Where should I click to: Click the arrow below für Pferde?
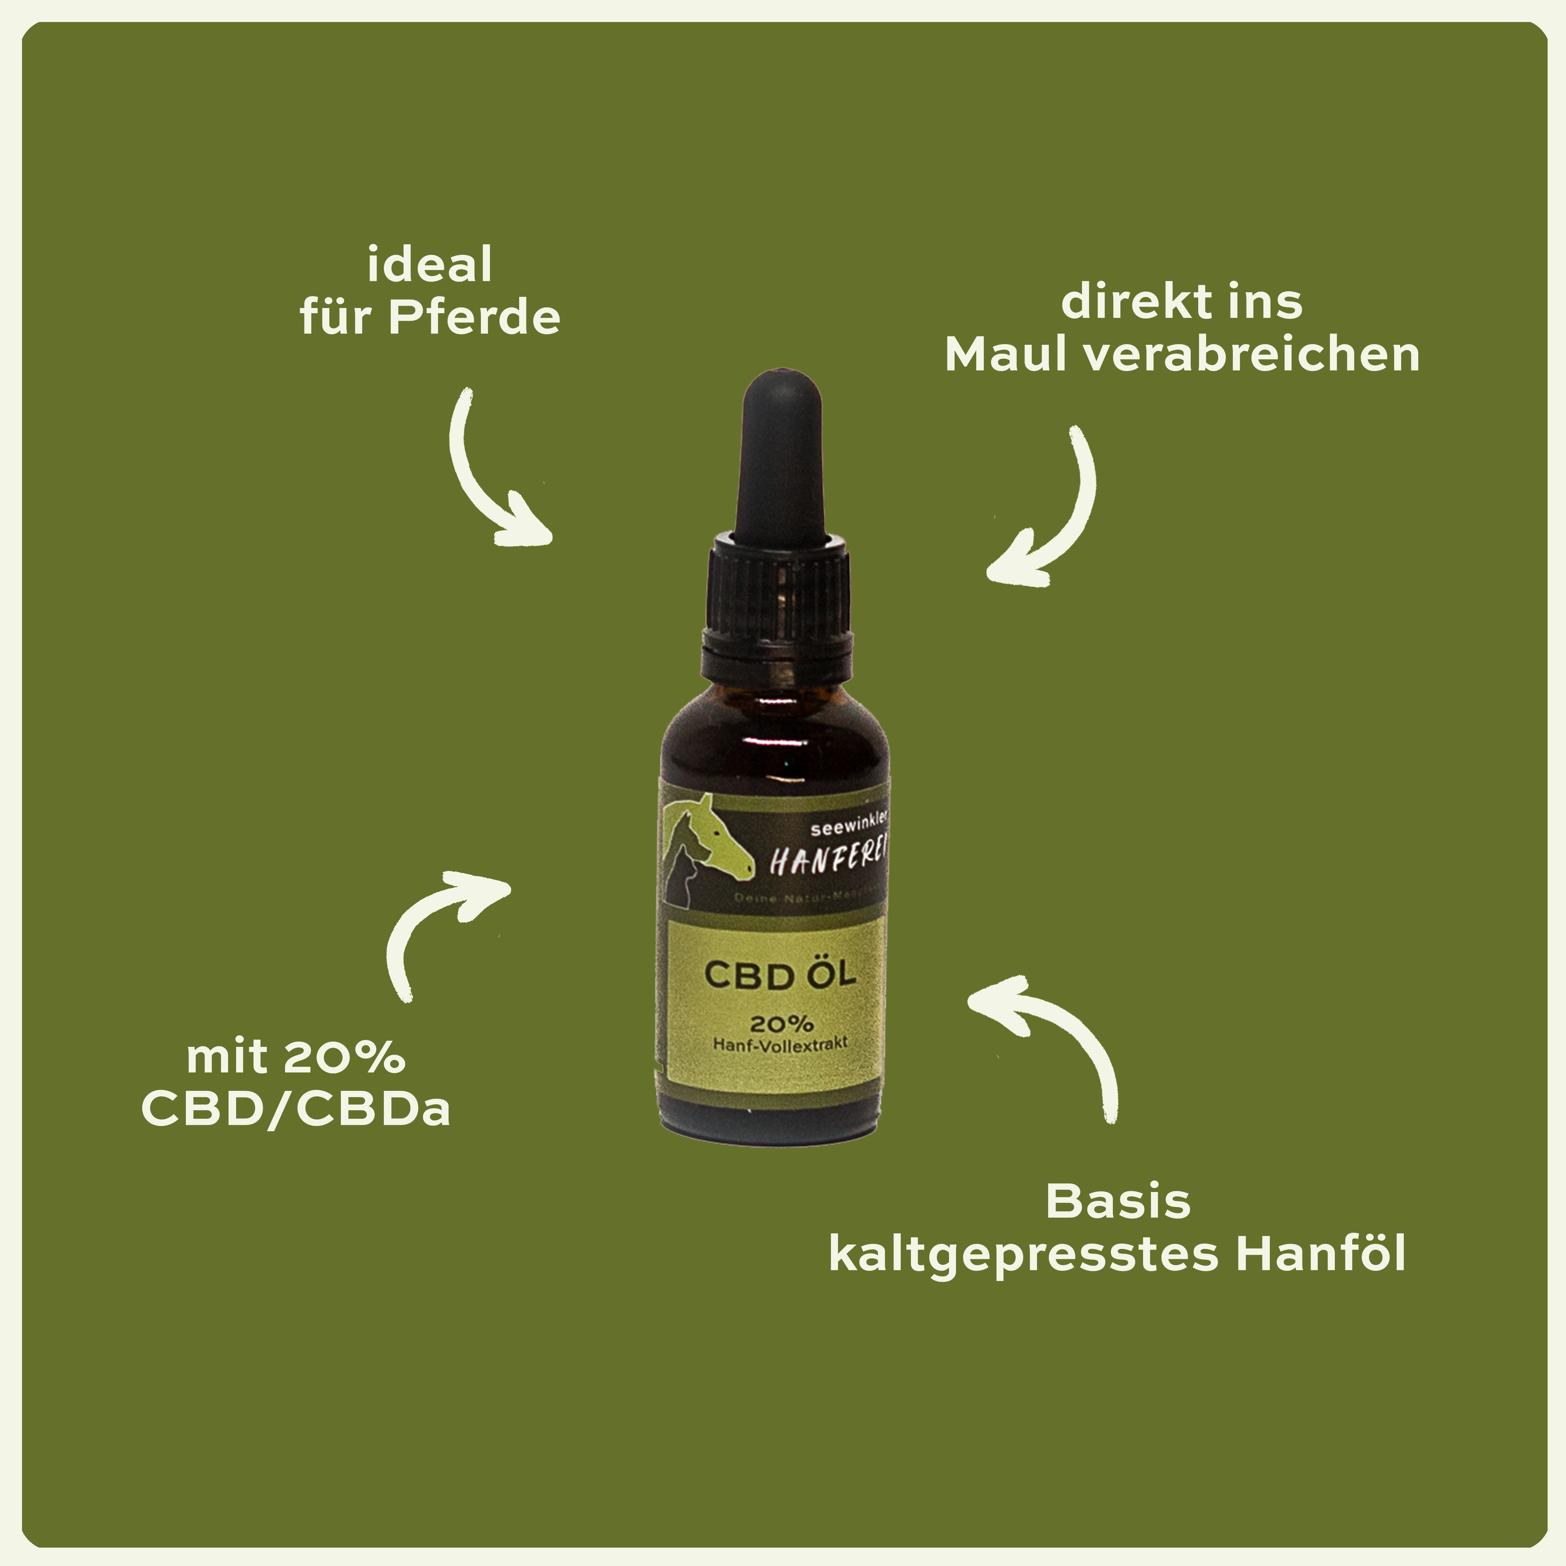(490, 478)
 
